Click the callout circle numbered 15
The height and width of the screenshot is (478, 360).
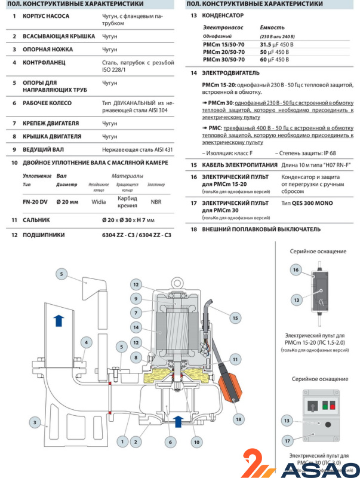(x=236, y=317)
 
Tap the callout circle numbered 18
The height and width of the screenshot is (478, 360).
(x=239, y=419)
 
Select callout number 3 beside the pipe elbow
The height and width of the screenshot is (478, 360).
(x=35, y=421)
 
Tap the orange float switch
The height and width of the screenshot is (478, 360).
(x=229, y=381)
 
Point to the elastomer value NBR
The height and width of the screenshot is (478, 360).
(x=156, y=202)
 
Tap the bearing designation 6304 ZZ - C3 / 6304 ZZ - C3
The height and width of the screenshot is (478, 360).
(x=136, y=235)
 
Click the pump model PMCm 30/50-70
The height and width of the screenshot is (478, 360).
(x=224, y=60)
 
